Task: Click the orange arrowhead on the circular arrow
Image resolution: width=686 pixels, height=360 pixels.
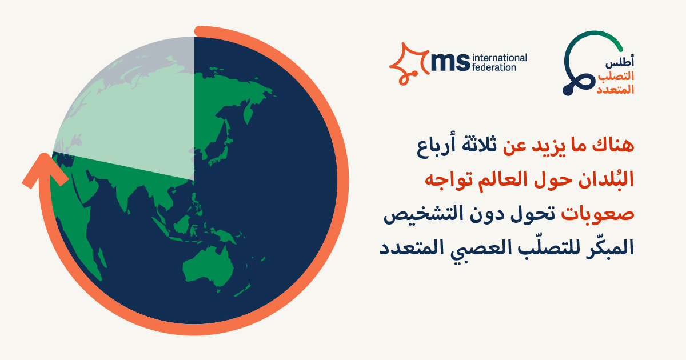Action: (45, 170)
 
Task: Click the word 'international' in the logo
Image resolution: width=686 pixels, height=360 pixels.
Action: (500, 58)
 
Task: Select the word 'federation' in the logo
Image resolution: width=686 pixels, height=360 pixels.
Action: (494, 67)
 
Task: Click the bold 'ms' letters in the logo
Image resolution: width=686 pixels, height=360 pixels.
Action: (450, 62)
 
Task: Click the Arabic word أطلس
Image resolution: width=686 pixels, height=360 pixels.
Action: (620, 62)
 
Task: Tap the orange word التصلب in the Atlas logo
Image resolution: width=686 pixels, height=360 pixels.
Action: (616, 76)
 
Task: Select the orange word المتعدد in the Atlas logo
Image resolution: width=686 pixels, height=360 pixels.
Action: (615, 89)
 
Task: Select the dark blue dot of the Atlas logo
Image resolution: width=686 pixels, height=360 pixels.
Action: (568, 91)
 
